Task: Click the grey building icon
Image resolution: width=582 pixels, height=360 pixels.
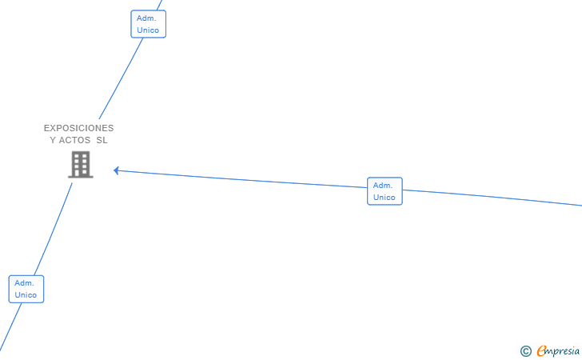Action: pyautogui.click(x=80, y=165)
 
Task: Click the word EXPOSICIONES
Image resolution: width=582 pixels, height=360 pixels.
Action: pyautogui.click(x=78, y=128)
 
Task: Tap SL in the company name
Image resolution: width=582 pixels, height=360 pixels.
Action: pyautogui.click(x=102, y=140)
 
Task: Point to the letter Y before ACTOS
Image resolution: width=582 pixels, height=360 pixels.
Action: pyautogui.click(x=53, y=140)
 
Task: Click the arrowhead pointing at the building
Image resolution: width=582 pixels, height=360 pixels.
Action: pyautogui.click(x=117, y=170)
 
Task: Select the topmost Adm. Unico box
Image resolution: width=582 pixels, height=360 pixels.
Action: pyautogui.click(x=148, y=24)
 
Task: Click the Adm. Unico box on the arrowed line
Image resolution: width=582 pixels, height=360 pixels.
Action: pyautogui.click(x=385, y=191)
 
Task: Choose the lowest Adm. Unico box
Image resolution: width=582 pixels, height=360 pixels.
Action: pyautogui.click(x=26, y=289)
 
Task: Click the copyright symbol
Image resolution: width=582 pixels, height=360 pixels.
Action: pyautogui.click(x=525, y=350)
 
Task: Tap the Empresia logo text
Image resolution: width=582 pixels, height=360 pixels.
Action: pyautogui.click(x=558, y=350)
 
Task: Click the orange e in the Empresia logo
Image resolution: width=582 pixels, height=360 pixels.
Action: pyautogui.click(x=541, y=350)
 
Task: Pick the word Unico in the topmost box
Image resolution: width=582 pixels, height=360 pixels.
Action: pyautogui.click(x=148, y=30)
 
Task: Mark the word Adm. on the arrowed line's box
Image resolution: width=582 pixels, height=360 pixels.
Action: pyautogui.click(x=382, y=186)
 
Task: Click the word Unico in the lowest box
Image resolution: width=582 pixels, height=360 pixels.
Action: pyautogui.click(x=26, y=295)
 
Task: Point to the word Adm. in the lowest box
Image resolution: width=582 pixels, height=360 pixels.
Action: pyautogui.click(x=24, y=282)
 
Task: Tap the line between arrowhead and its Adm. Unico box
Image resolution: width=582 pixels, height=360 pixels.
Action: pyautogui.click(x=240, y=179)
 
